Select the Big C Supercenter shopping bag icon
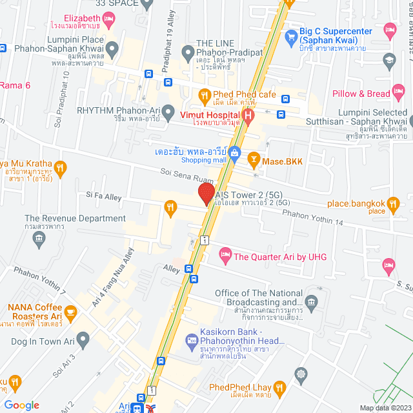tap(290, 35)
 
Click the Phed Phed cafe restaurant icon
tap(204, 95)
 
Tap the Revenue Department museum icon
tap(39, 239)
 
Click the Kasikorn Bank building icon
tap(191, 340)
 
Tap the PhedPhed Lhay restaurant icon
tap(279, 387)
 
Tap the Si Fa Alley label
tap(104, 195)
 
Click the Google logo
tap(21, 405)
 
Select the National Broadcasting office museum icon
tap(312, 301)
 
